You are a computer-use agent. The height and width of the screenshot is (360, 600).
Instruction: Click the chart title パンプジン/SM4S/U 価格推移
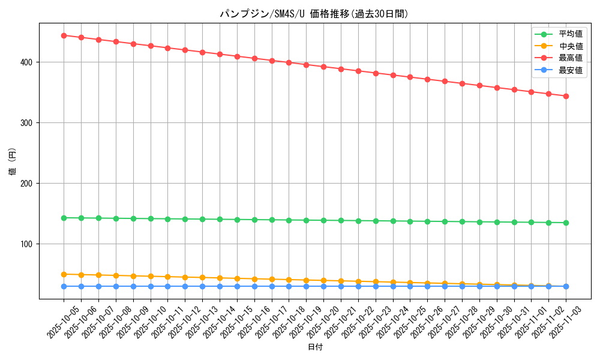[x=314, y=14]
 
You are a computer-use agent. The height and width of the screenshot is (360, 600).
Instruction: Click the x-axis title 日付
[x=314, y=347]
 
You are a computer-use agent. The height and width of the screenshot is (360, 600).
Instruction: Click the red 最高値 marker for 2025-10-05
[x=64, y=35]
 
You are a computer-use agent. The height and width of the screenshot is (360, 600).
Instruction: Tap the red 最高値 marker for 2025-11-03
[x=566, y=96]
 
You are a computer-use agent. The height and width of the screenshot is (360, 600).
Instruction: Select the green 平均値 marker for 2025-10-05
[x=64, y=218]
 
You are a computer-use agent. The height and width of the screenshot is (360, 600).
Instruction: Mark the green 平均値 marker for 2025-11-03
[x=566, y=223]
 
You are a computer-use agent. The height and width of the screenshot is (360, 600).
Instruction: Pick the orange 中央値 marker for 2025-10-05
[x=64, y=274]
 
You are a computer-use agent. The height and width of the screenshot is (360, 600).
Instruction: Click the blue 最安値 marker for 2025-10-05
[x=64, y=286]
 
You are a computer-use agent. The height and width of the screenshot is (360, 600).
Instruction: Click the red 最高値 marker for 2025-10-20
[x=323, y=67]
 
